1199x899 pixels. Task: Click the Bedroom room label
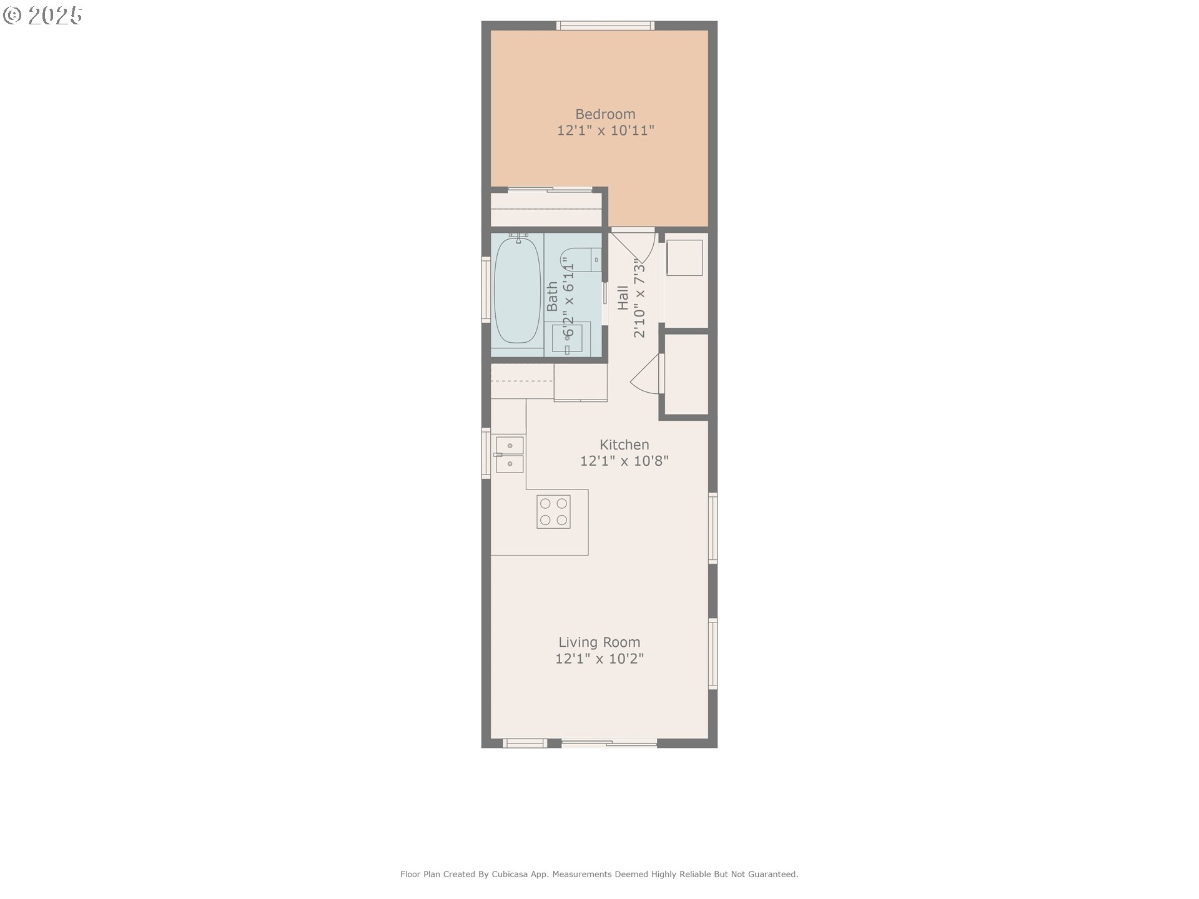[x=605, y=114]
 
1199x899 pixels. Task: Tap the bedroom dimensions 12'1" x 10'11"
[x=605, y=130]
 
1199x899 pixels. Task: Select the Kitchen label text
[x=624, y=445]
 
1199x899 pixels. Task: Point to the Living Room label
[x=599, y=642]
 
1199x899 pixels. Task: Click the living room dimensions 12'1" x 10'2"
[x=599, y=659]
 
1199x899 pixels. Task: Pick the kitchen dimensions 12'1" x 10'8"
[x=624, y=461]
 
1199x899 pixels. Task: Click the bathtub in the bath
[x=517, y=290]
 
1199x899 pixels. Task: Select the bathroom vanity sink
[x=567, y=339]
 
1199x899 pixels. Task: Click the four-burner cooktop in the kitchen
[x=553, y=511]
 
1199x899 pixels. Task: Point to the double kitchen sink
[x=510, y=454]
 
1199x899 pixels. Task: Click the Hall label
[x=623, y=298]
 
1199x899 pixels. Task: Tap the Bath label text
[x=552, y=297]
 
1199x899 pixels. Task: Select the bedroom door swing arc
[x=650, y=250]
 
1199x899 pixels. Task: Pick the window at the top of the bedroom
[x=605, y=26]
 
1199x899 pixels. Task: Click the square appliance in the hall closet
[x=684, y=257]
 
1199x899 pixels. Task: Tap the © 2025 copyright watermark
[x=42, y=16]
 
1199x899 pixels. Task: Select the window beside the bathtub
[x=485, y=290]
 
